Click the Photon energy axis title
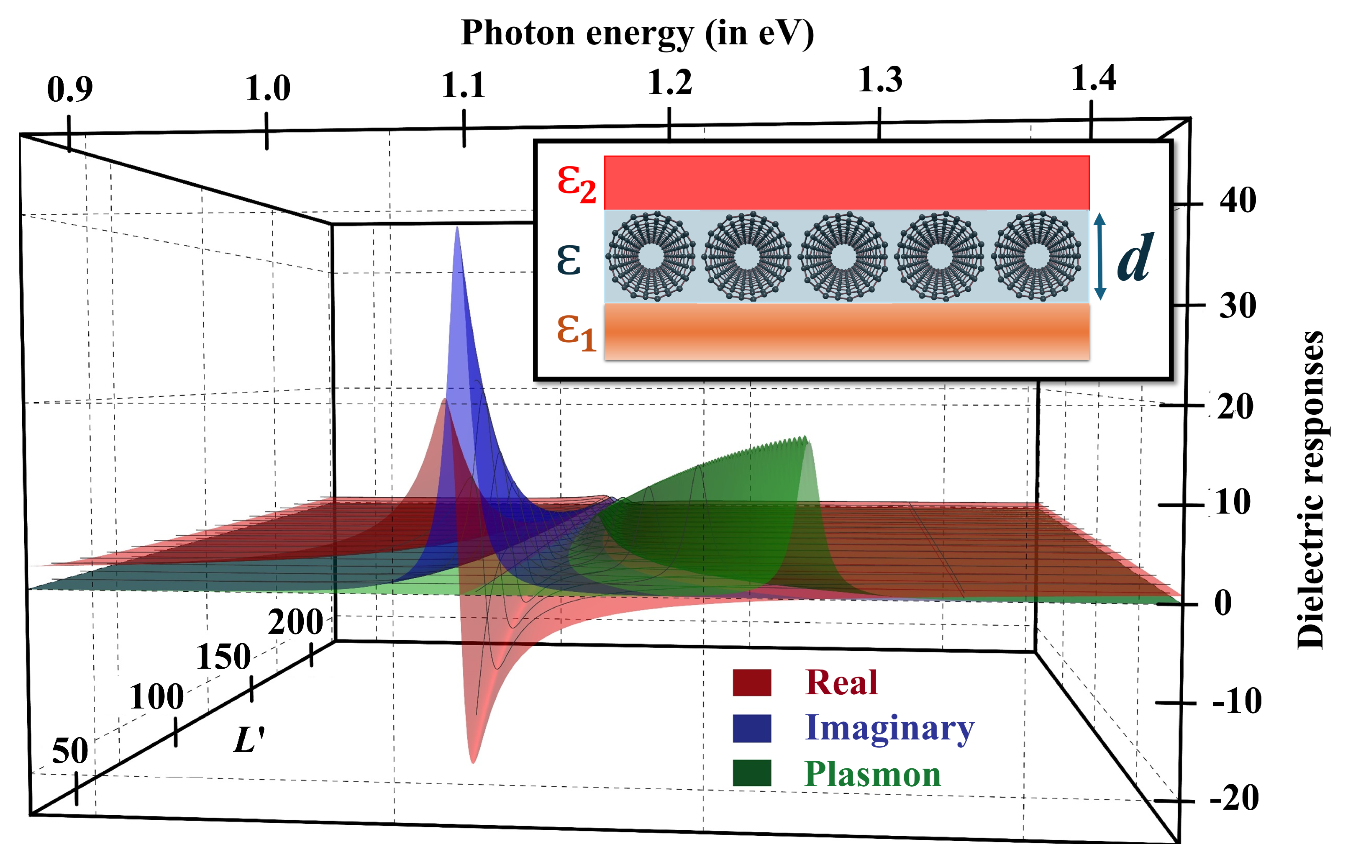[637, 33]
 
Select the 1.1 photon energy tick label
[463, 86]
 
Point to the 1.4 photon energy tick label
[1093, 78]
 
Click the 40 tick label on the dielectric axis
[1238, 200]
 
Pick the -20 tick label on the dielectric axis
[1234, 798]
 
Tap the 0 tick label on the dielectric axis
[1223, 603]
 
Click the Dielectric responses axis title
[1311, 490]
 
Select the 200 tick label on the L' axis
[295, 621]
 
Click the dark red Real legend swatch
[752, 683]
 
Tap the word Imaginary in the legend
[889, 728]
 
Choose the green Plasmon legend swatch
[752, 773]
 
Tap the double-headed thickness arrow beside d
[1099, 257]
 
